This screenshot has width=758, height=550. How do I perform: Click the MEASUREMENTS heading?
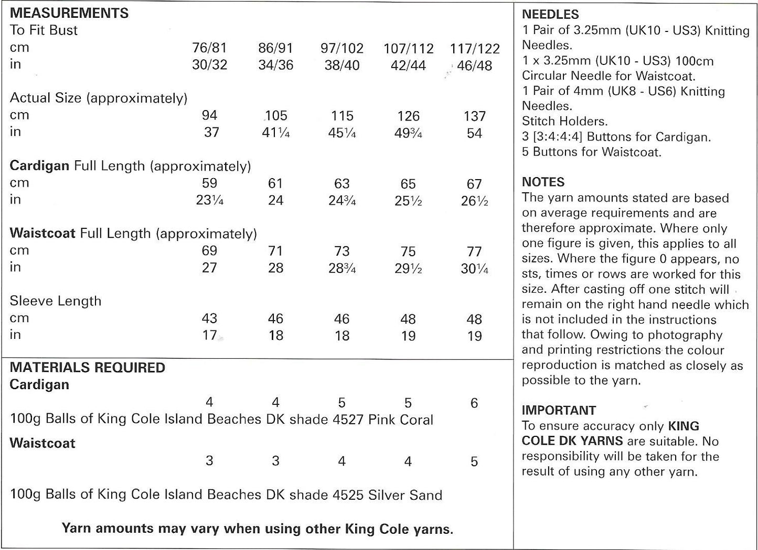coord(69,13)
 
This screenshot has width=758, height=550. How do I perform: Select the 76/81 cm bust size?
coord(209,48)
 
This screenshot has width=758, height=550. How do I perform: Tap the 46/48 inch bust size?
coord(474,66)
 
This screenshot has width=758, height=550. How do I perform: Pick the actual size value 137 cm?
coord(474,116)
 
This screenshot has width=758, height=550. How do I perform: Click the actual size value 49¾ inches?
coord(408,134)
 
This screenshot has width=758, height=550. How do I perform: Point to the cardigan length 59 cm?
coord(209,183)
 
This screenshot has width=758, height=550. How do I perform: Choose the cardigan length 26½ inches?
coord(474,201)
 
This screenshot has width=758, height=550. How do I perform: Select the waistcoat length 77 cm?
coord(474,251)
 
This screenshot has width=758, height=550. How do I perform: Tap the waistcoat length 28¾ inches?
coord(342,268)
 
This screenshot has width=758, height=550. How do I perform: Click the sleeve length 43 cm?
coord(209,318)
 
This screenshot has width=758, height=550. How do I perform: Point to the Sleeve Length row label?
coord(56,301)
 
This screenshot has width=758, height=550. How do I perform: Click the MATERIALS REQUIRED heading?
coord(88,368)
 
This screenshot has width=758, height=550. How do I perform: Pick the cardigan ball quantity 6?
coord(474,403)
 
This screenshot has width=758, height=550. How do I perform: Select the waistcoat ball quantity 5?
coord(474,461)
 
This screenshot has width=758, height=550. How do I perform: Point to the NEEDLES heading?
coord(550,15)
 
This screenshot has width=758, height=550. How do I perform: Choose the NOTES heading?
coord(543,182)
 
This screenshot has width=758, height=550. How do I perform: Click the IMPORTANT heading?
coord(559,410)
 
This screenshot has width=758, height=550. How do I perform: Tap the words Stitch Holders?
coord(564,122)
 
